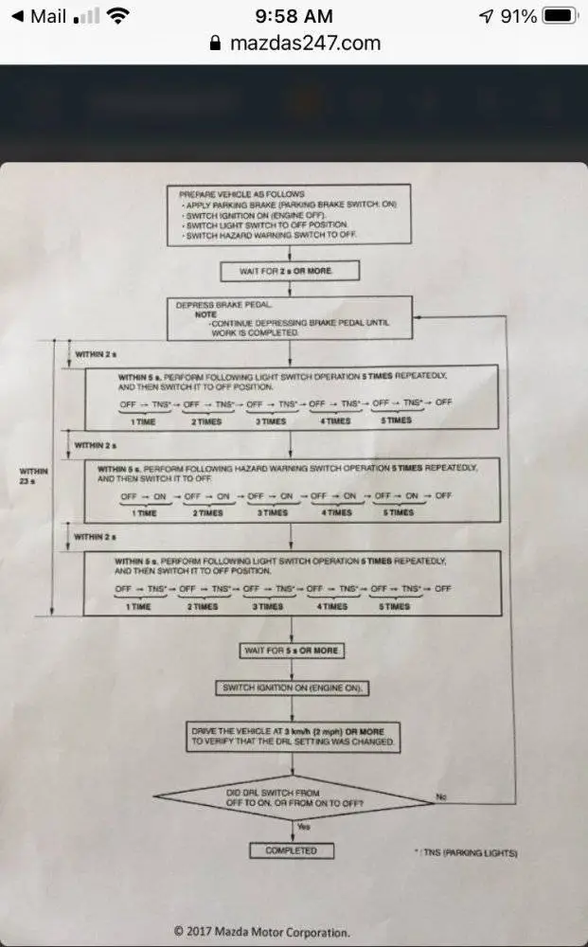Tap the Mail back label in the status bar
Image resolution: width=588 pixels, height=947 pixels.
tap(47, 16)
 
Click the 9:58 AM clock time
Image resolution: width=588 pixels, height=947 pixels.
tap(294, 16)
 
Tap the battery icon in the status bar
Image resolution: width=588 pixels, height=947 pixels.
tap(561, 16)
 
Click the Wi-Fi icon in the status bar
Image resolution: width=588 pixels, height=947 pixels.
tap(118, 16)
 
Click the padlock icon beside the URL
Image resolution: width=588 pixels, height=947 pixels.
tap(213, 44)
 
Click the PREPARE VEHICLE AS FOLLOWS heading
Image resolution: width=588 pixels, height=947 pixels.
tap(241, 193)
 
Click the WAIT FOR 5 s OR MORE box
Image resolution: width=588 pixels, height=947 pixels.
tap(291, 651)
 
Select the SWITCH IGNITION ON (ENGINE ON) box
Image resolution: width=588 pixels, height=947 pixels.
tap(292, 688)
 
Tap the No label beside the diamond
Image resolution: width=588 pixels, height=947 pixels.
tap(440, 797)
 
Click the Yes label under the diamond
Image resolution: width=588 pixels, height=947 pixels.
tap(304, 827)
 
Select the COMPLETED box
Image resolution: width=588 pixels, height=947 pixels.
tap(291, 850)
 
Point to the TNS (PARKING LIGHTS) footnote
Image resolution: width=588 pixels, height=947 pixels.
tap(466, 853)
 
